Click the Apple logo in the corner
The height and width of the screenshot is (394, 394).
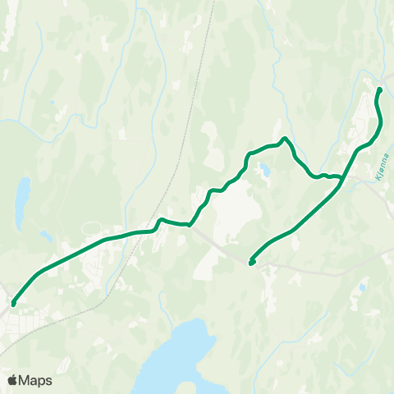tap(12, 380)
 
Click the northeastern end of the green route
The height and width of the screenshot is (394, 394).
tap(379, 89)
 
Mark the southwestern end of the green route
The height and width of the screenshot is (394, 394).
tap(14, 304)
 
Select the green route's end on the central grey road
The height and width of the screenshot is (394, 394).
tap(251, 263)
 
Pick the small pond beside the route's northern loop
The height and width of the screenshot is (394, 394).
tap(264, 171)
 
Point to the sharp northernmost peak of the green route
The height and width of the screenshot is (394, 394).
tap(284, 139)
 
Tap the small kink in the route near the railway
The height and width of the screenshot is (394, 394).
tap(161, 219)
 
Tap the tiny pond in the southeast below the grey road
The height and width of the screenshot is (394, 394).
tap(361, 286)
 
